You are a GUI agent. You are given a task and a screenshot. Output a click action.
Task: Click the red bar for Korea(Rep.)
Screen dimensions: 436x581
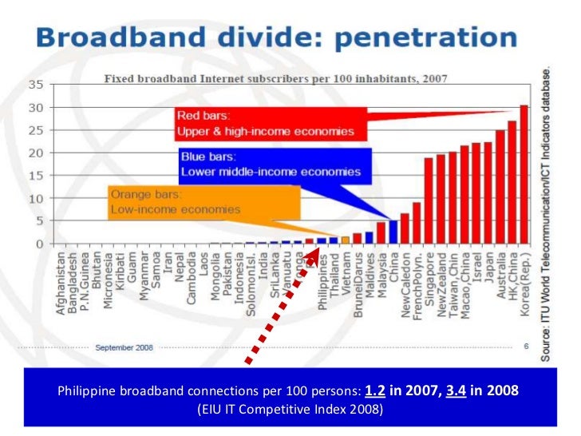pos(524,174)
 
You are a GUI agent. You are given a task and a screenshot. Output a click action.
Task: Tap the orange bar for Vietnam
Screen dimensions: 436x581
pos(345,239)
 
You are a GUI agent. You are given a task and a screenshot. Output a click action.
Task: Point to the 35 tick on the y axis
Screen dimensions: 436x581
pos(36,84)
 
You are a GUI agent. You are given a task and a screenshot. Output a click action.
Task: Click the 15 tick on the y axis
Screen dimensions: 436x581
pos(36,175)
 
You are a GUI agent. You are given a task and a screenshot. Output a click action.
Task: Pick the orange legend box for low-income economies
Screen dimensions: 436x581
pos(204,201)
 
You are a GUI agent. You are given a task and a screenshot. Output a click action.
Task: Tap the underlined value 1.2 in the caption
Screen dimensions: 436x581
pos(373,391)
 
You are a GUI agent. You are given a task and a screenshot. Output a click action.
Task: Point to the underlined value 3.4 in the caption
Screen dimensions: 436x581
pos(456,391)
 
